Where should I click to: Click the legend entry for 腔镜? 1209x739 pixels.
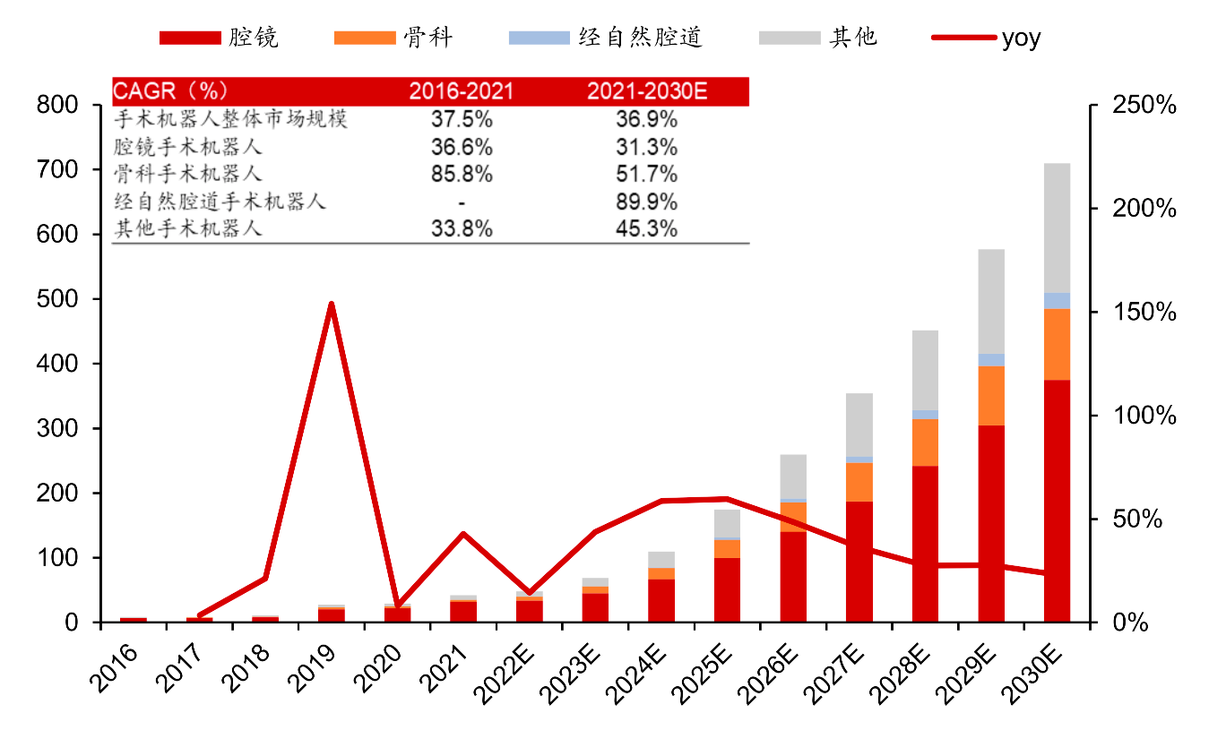point(220,38)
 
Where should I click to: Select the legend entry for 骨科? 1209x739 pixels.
point(393,38)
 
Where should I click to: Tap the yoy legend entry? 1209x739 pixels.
point(986,38)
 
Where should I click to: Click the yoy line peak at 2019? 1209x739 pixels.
point(331,305)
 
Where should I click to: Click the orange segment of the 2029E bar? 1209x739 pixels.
point(991,395)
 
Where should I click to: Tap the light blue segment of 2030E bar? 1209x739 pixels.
point(1057,300)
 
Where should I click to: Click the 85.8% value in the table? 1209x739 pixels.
point(462,174)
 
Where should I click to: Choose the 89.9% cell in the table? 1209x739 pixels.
point(646,202)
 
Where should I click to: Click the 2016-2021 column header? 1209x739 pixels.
point(462,91)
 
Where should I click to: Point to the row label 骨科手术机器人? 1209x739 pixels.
point(188,174)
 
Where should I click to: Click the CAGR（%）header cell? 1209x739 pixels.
point(170,91)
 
